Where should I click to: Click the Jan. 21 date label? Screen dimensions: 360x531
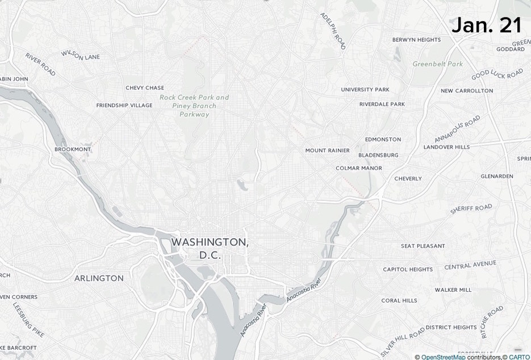coord(487,26)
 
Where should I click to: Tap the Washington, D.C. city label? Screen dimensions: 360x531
coord(210,249)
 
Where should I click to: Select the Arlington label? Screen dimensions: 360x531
coord(99,278)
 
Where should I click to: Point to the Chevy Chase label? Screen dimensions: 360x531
coord(145,88)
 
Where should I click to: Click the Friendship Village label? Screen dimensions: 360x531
coord(124,106)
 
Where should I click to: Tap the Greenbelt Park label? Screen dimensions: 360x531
coord(438,64)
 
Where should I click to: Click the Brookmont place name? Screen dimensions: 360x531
coord(73,149)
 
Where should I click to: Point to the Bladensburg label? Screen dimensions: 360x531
coord(378,155)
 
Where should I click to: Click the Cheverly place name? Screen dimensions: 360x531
coord(408,179)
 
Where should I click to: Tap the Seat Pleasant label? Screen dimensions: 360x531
coord(423,246)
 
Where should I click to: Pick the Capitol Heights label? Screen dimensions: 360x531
coord(408,270)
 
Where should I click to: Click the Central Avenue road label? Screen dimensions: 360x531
coord(470,265)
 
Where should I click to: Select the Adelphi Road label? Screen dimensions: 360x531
coord(333,31)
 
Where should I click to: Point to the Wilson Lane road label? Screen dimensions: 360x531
coord(81,55)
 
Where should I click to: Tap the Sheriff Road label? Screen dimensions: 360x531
coord(471,209)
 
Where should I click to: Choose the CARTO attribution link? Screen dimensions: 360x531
coord(519,357)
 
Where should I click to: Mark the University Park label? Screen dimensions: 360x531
coord(365,90)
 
